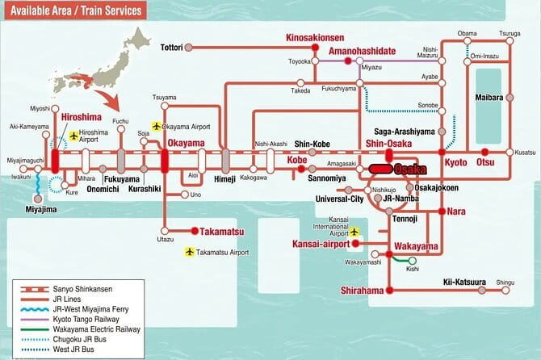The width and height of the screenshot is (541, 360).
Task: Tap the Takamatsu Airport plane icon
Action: click(190, 252)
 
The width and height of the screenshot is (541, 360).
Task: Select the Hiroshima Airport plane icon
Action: click(74, 136)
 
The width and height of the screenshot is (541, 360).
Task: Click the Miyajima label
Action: click(35, 208)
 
